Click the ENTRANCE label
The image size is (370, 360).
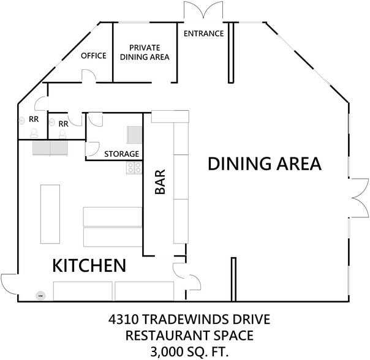click(203, 34)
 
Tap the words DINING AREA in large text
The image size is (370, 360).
click(265, 164)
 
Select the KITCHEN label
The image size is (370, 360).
click(89, 266)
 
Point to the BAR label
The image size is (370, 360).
click(160, 182)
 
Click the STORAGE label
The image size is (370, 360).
click(121, 154)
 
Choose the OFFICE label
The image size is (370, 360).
click(94, 56)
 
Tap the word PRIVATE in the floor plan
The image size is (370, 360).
click(145, 47)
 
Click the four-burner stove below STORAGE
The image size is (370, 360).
click(134, 167)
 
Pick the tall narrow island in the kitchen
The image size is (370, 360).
click(50, 214)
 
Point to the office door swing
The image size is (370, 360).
click(89, 77)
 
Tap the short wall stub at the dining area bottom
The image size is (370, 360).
click(233, 279)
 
